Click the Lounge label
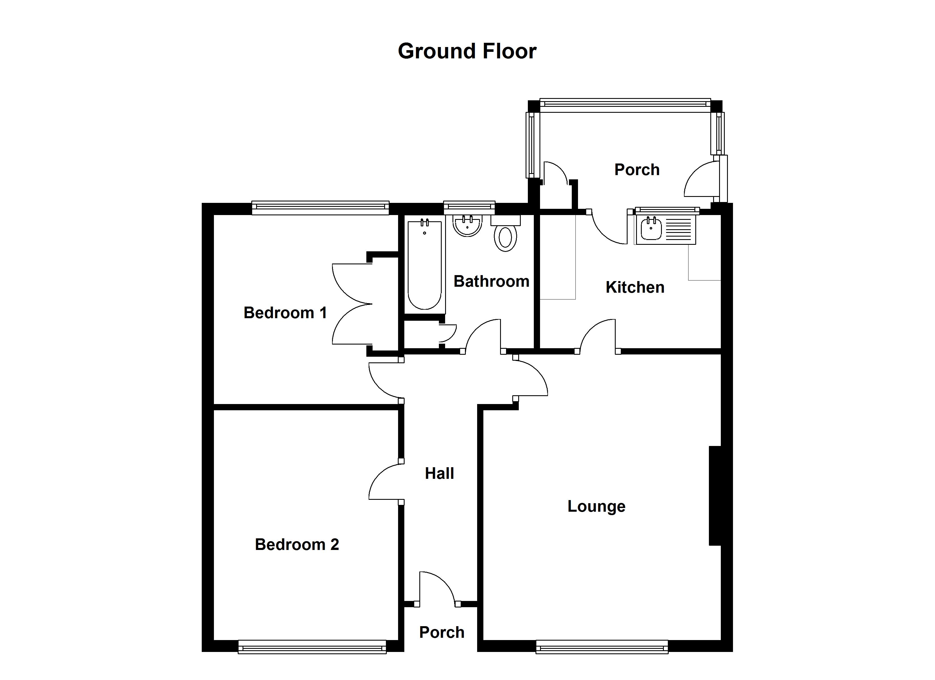[596, 506]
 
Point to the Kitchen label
[635, 287]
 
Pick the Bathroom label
[491, 281]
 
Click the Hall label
[439, 473]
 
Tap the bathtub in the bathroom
[425, 265]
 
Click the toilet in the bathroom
[505, 236]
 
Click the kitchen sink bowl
[651, 229]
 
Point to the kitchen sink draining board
[678, 230]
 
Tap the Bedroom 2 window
[312, 647]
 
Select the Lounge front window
[602, 647]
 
